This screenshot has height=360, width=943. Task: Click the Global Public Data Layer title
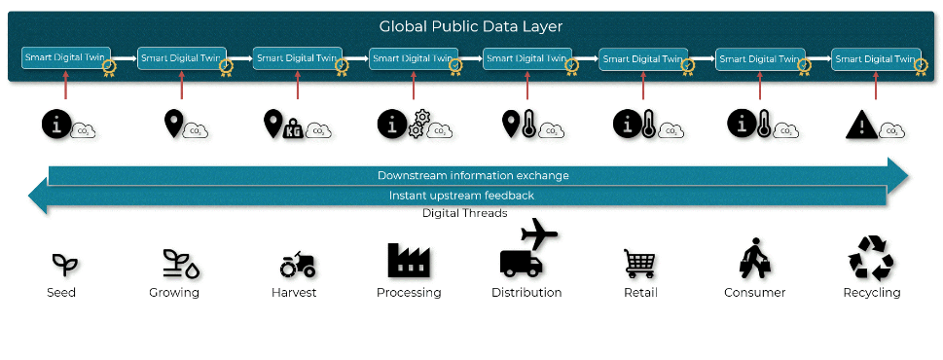pyautogui.click(x=471, y=26)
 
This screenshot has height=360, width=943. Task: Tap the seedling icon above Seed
pyautogui.click(x=65, y=265)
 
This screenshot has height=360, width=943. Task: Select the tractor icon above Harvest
pyautogui.click(x=297, y=265)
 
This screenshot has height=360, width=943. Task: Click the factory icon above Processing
pyautogui.click(x=409, y=260)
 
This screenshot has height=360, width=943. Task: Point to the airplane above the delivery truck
pyautogui.click(x=539, y=233)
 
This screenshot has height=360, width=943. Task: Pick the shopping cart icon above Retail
pyautogui.click(x=639, y=264)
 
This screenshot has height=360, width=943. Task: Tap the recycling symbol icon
pyautogui.click(x=871, y=259)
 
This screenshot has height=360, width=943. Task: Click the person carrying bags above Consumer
pyautogui.click(x=755, y=258)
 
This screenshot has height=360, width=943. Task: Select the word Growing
pyautogui.click(x=174, y=293)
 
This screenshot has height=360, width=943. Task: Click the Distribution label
pyautogui.click(x=526, y=293)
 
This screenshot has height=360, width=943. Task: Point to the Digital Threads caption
pyautogui.click(x=464, y=213)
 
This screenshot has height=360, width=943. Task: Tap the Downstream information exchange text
pyautogui.click(x=473, y=175)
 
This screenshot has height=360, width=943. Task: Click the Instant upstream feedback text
pyautogui.click(x=461, y=196)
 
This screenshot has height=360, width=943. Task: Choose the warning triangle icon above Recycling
pyautogui.click(x=861, y=126)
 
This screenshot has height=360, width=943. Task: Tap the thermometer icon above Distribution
pyautogui.click(x=528, y=124)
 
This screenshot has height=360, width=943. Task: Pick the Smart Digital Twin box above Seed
pyautogui.click(x=66, y=57)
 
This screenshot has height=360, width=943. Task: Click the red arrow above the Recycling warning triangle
pyautogui.click(x=876, y=86)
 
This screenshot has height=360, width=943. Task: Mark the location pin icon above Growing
pyautogui.click(x=173, y=123)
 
